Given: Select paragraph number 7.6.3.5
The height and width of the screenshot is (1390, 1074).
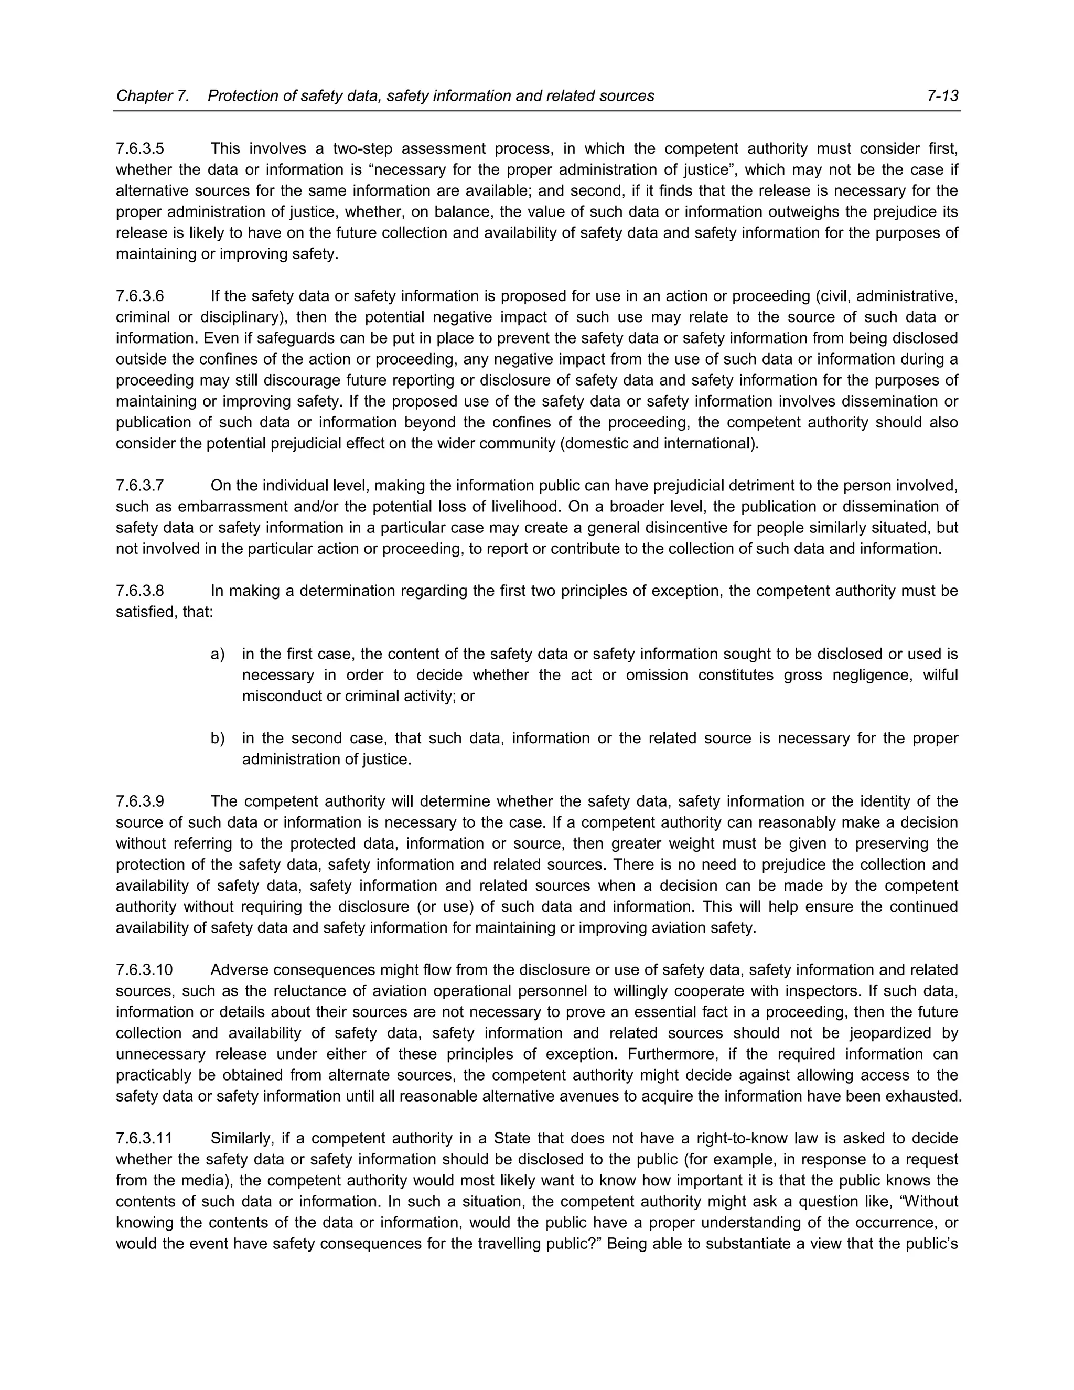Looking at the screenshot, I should point(140,149).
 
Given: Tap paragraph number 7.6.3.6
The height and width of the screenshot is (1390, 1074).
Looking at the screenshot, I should point(140,296).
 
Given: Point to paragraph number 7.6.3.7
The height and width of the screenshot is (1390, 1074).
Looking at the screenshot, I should point(140,486).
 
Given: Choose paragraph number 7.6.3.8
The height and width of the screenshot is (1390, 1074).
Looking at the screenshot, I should point(140,591).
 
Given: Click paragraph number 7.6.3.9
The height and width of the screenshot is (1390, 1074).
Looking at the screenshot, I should point(140,802).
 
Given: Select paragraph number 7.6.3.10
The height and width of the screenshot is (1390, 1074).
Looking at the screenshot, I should point(144,970).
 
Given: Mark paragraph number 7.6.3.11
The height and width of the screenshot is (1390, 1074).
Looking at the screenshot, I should point(144,1139).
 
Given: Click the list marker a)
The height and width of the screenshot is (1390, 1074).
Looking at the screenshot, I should point(218,654).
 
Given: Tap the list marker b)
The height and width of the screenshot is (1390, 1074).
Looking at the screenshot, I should point(218,739).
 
